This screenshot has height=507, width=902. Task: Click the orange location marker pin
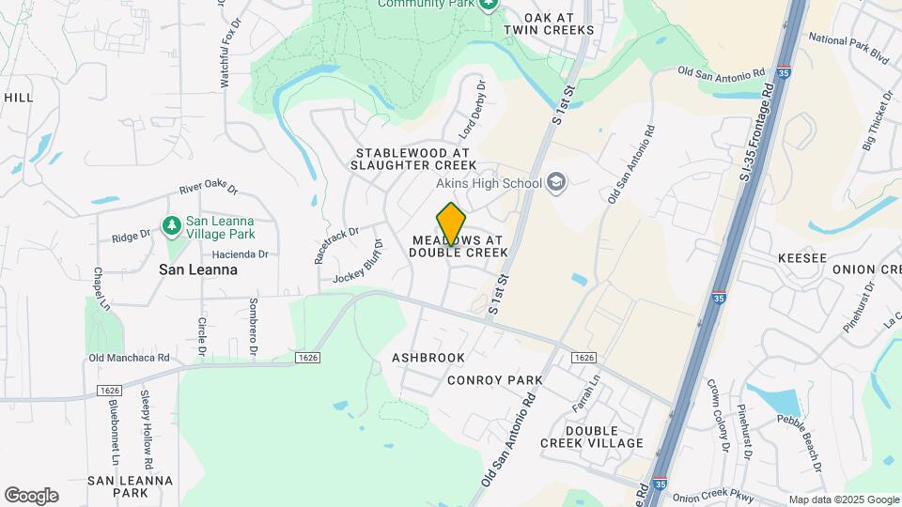click(x=452, y=223)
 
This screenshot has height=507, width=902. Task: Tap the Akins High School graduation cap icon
click(x=556, y=181)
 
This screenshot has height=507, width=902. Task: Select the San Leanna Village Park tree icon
click(x=171, y=225)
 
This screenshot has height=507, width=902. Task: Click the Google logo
click(x=31, y=495)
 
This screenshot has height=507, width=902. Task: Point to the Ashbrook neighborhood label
click(x=428, y=358)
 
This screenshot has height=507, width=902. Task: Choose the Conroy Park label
click(x=495, y=380)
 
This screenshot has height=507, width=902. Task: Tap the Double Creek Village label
click(x=592, y=436)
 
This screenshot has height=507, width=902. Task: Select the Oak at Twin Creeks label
click(x=549, y=23)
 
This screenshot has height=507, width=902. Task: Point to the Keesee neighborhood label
click(x=801, y=257)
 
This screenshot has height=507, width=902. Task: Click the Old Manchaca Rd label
click(x=129, y=358)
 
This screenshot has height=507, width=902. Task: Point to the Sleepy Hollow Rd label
click(x=147, y=430)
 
